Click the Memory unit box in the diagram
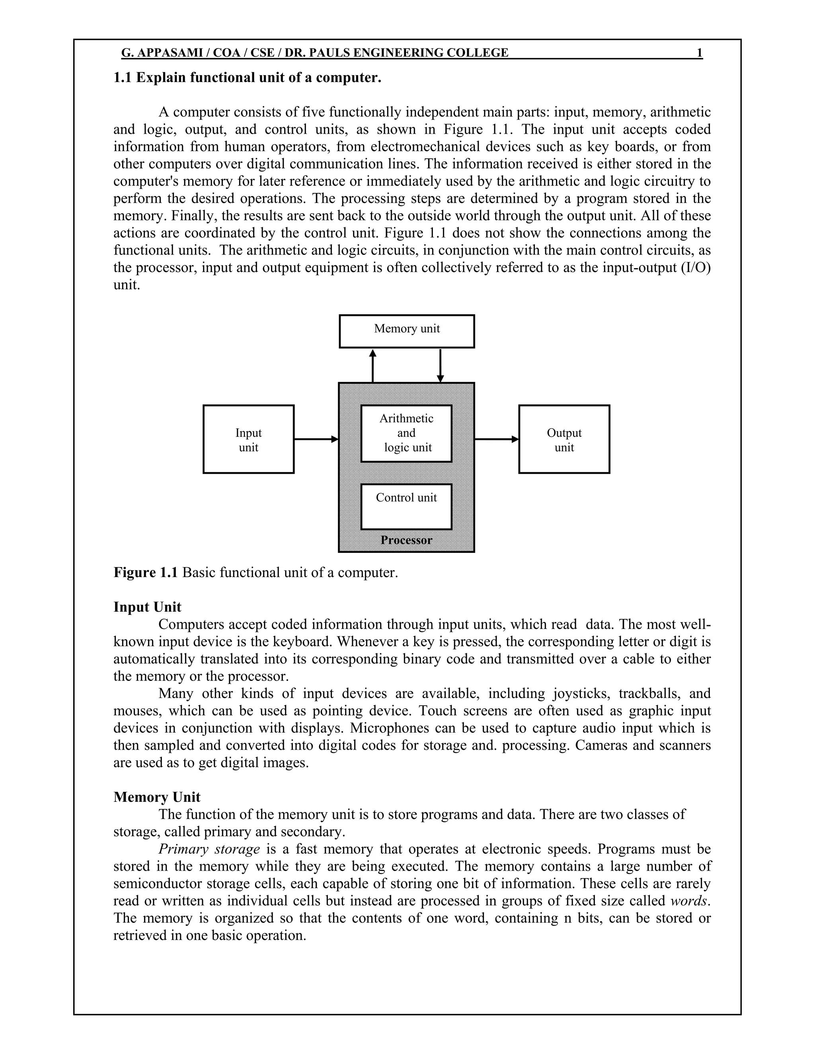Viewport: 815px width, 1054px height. (407, 331)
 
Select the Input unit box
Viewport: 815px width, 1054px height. (248, 439)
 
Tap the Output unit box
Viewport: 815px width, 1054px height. (564, 439)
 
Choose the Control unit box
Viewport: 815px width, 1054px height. (406, 506)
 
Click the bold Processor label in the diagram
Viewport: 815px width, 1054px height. (406, 540)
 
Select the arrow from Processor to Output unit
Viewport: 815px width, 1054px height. (496, 439)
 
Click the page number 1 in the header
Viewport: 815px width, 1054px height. (700, 53)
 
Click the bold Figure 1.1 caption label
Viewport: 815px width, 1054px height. (146, 572)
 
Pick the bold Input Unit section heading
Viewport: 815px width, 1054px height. (147, 607)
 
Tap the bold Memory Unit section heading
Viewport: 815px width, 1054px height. (157, 797)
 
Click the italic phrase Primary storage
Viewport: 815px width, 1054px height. (209, 849)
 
